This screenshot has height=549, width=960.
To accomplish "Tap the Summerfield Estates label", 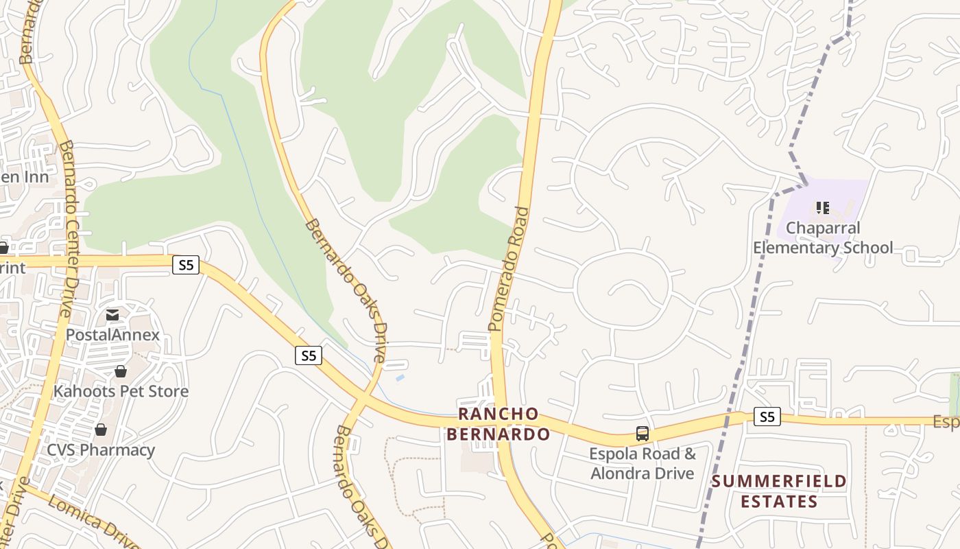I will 778,491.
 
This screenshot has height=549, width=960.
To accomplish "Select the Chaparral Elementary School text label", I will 823,237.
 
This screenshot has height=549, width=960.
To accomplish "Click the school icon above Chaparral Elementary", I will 823,207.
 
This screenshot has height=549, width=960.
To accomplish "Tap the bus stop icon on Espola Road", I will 643,434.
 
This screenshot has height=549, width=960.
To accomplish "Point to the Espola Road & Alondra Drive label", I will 643,463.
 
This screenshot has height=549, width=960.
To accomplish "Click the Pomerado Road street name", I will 509,269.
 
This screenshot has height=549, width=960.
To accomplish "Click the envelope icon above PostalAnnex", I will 112,316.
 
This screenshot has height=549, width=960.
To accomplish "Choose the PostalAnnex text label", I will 112,335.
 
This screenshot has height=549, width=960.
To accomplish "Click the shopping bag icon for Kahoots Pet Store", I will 121,372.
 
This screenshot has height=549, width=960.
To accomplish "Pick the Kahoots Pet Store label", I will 121,391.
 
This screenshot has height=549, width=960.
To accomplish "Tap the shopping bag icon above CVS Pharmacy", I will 101,430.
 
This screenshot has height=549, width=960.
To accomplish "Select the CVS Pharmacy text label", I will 101,450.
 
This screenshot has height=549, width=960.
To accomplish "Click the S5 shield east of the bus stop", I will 767,417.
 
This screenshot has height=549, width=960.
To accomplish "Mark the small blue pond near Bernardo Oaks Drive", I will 400,378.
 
